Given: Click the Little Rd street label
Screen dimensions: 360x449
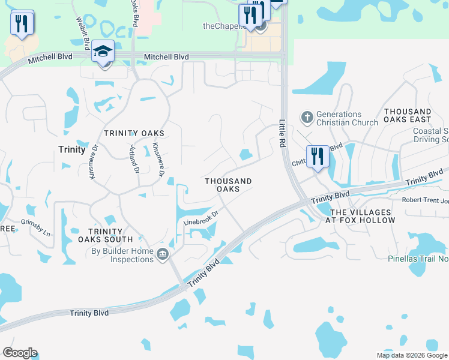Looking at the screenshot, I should coord(282,133).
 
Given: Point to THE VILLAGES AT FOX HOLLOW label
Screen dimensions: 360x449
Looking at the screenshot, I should coord(363,217).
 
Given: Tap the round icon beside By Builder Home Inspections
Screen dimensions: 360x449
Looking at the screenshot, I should coord(162,255).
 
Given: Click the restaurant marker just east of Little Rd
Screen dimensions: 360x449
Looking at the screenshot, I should coord(318,157).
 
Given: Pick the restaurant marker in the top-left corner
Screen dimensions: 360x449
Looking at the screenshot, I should coord(22,23).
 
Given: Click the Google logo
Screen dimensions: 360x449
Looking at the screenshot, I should coord(20,353).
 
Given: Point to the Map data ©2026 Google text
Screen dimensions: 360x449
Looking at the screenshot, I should coord(412,355).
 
